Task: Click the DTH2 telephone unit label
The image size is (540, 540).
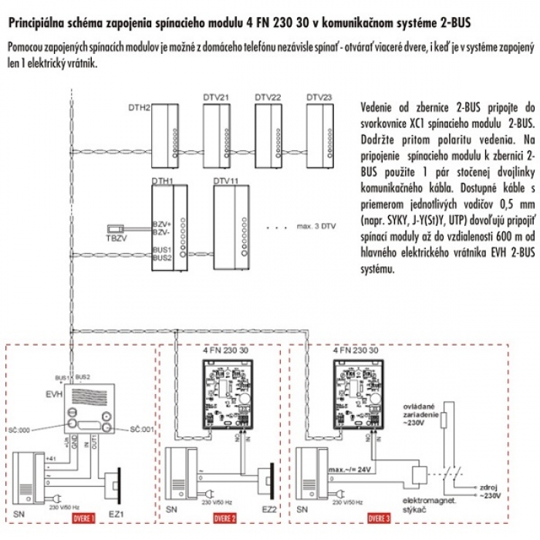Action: pyautogui.click(x=139, y=106)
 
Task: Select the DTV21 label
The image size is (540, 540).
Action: pyautogui.click(x=215, y=97)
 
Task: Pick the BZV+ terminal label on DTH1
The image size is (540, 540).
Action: pyautogui.click(x=160, y=224)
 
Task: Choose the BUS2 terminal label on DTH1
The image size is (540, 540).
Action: pyautogui.click(x=161, y=258)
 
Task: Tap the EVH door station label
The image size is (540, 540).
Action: pyautogui.click(x=53, y=394)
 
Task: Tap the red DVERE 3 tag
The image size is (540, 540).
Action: pyautogui.click(x=378, y=517)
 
